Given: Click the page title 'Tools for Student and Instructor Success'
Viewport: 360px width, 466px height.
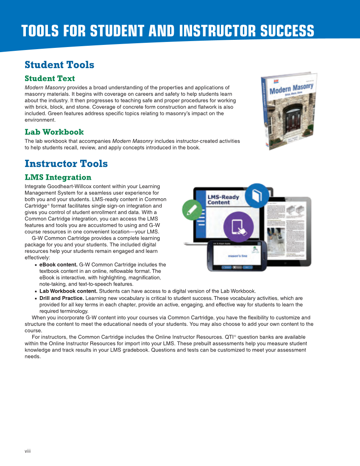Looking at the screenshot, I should (x=168, y=31).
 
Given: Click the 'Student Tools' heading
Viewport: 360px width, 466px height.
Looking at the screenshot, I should (x=59, y=65).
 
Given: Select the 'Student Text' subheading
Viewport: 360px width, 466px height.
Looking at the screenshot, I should (x=50, y=78).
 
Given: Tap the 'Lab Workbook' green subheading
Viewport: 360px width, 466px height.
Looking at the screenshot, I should (x=54, y=132).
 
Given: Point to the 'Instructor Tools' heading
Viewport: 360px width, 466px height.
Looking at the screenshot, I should (x=66, y=164).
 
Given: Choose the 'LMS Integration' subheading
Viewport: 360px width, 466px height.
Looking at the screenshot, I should (x=58, y=177).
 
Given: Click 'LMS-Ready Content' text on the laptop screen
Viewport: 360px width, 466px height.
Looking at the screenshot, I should (x=223, y=200).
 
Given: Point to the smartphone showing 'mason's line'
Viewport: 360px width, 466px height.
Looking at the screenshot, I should (x=237, y=256).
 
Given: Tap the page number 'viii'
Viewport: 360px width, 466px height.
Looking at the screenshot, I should (x=28, y=451).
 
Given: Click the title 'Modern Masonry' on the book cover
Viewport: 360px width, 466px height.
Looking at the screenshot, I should (x=292, y=88).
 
